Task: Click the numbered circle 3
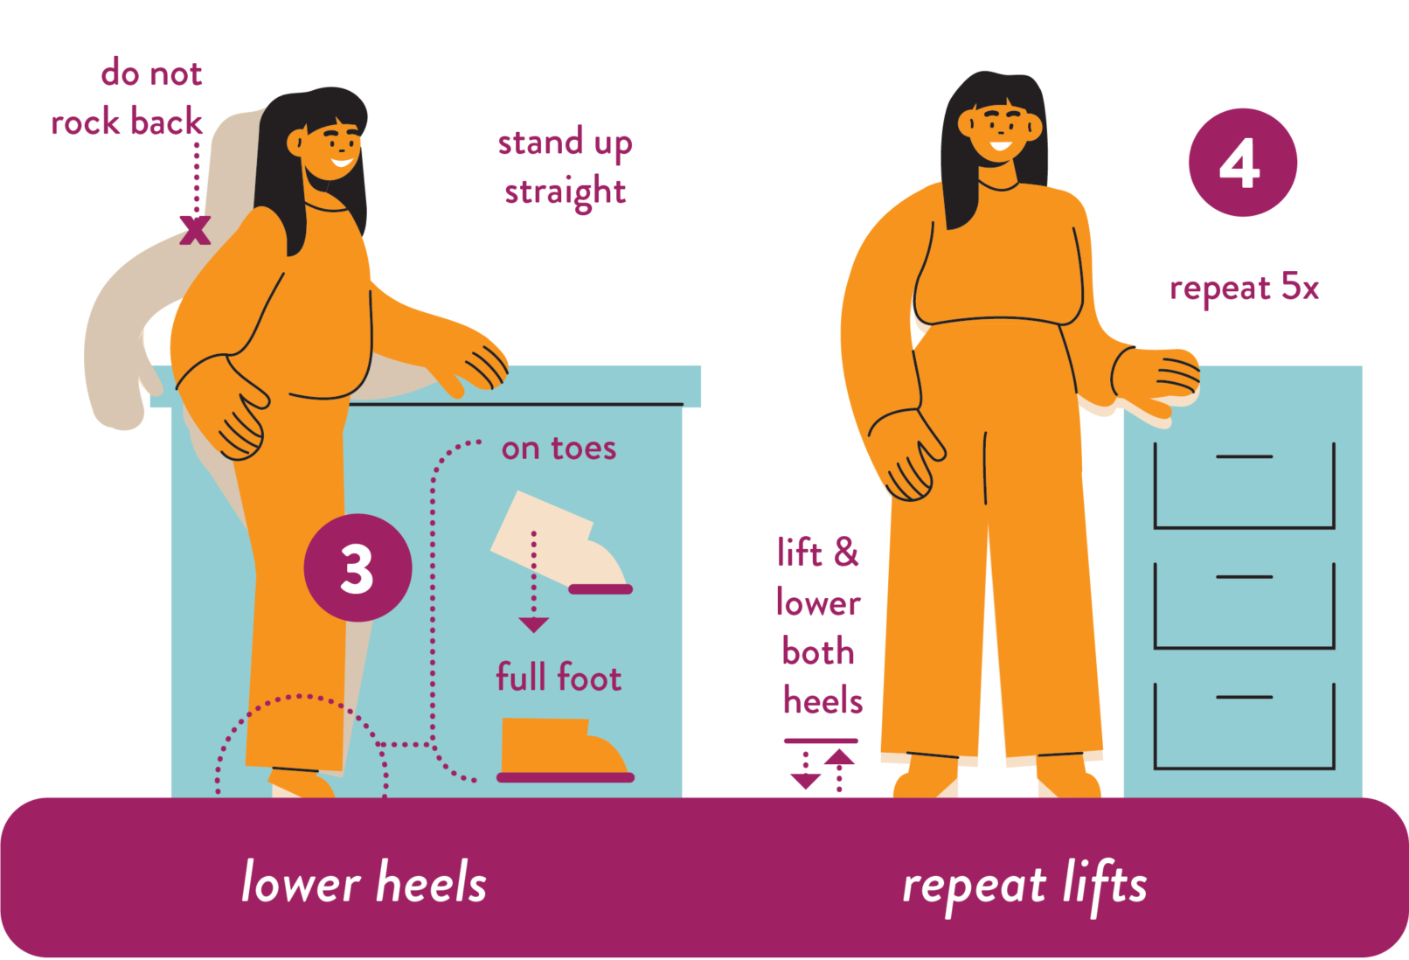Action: (357, 568)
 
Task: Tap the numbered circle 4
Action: (1243, 163)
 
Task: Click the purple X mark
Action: (195, 230)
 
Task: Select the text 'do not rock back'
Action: (127, 97)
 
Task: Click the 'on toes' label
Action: (559, 449)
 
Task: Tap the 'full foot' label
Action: (559, 677)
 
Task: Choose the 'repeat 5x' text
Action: (1244, 289)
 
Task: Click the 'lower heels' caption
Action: (364, 881)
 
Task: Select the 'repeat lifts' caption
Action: (1024, 885)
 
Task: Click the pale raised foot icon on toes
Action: (559, 542)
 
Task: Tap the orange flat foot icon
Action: (565, 750)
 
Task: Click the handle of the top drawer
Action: (1244, 456)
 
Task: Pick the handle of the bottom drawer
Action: (1244, 697)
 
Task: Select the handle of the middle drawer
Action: (1244, 577)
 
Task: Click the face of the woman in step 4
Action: (999, 129)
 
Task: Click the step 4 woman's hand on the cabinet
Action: (1156, 379)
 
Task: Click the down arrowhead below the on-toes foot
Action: (534, 624)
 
